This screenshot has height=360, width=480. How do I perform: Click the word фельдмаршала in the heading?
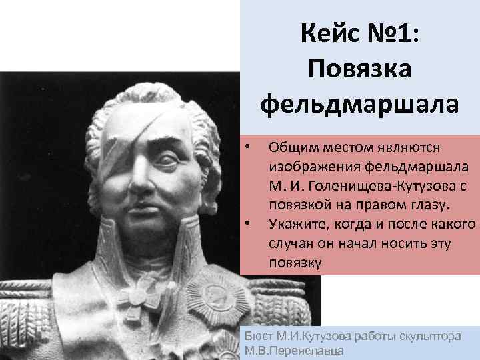click(359, 104)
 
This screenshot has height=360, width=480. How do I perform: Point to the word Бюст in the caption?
click(257, 337)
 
